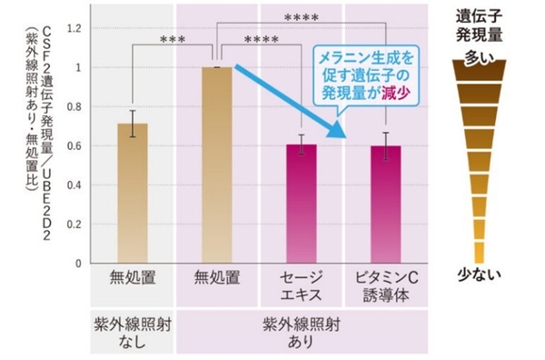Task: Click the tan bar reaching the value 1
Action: click(x=217, y=164)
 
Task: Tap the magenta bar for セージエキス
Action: click(x=302, y=205)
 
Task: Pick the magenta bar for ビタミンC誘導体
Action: click(x=386, y=205)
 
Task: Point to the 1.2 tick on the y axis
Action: click(x=81, y=28)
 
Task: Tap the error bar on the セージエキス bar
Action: click(x=302, y=145)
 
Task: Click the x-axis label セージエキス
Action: click(x=302, y=284)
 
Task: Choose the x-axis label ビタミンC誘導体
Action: click(x=386, y=284)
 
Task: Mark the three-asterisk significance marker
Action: click(x=173, y=40)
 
